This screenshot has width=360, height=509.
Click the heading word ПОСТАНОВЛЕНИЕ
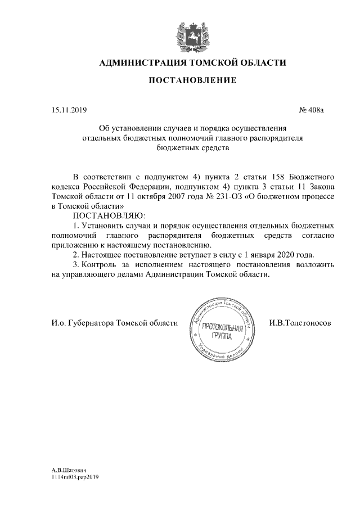pos(192,81)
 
